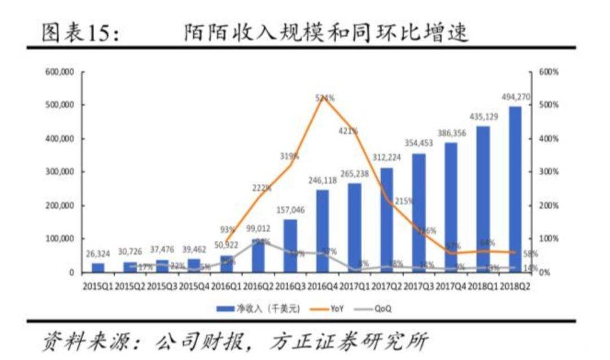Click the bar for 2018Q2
515,189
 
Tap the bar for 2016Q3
290,246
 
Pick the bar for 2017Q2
386,220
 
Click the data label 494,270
515,97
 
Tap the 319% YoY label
289,156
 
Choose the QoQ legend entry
382,309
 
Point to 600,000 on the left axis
59,72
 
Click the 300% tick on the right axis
547,172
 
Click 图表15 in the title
79,33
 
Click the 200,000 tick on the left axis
59,206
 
